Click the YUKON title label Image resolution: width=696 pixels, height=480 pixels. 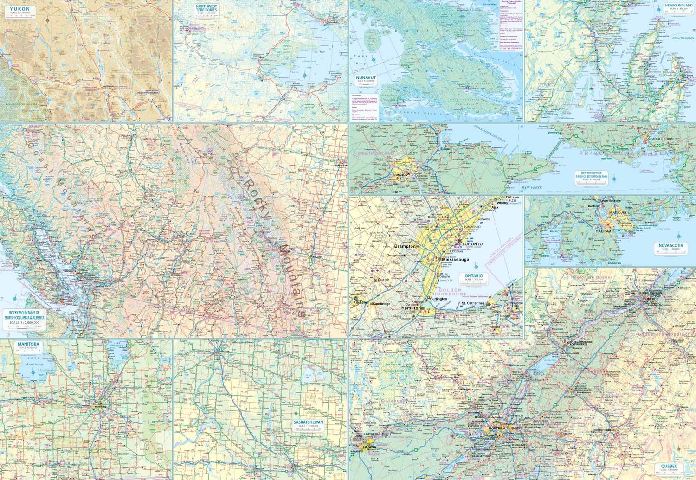pos(19,9)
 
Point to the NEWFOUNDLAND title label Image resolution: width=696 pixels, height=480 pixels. pos(679,6)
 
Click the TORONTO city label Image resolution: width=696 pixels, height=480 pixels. pos(472,244)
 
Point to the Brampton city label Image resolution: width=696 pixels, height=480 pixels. pos(405,246)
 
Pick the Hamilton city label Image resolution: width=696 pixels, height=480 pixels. pos(411,308)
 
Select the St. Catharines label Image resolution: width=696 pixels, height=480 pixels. pos(473,304)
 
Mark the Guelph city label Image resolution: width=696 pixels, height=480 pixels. pos(383,280)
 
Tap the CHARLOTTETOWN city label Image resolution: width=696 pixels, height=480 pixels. pos(660,139)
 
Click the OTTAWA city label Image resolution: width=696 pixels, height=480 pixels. pos(370,447)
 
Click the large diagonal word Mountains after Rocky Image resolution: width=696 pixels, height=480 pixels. pos(291,281)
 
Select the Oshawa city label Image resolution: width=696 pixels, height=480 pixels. pos(512,198)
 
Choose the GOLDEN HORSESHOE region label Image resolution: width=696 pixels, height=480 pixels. pos(447,292)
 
